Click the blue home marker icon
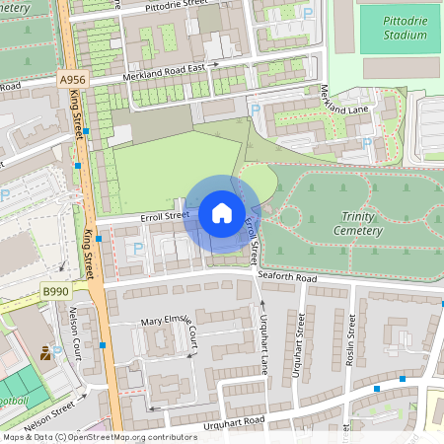(222, 213)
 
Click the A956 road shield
(72, 80)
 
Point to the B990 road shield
(56, 293)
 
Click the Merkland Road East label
(162, 73)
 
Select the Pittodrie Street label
(177, 6)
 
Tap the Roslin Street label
(352, 339)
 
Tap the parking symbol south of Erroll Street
(137, 249)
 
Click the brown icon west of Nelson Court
(45, 351)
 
